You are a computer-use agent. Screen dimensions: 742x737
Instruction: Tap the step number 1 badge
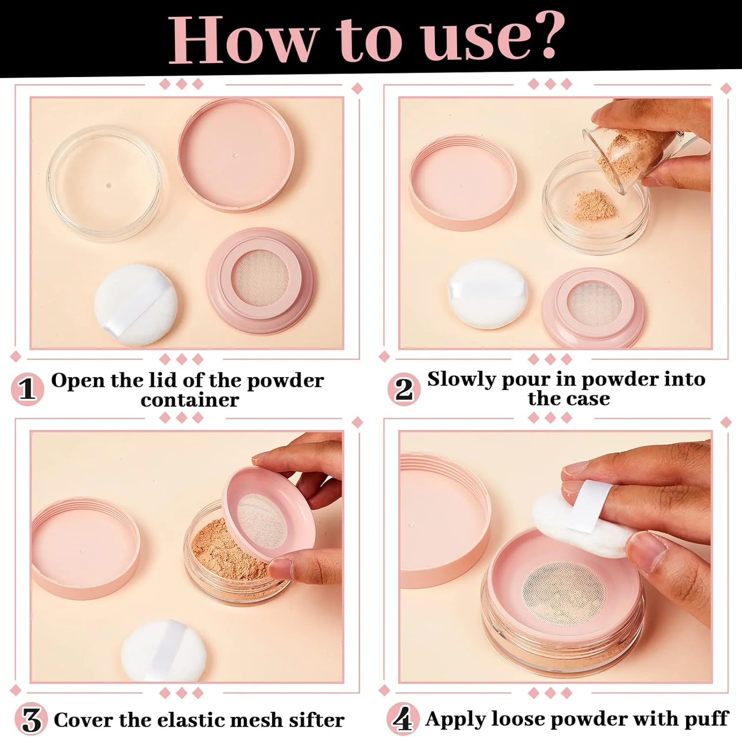point(28,389)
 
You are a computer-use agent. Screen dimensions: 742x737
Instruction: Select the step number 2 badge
point(404,389)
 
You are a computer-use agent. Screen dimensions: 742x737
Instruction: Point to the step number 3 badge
point(31,720)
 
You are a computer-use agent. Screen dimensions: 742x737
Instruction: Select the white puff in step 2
point(487,294)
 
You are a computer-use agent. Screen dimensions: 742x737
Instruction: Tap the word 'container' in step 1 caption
point(190,400)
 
